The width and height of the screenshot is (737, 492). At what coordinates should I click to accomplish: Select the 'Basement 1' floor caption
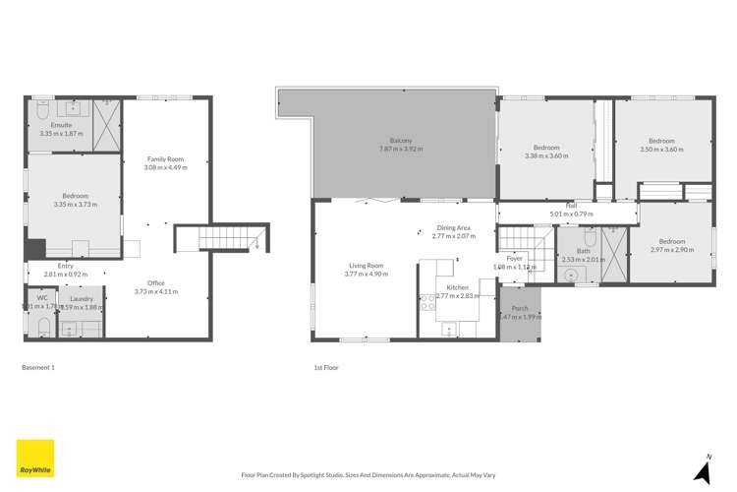(38, 367)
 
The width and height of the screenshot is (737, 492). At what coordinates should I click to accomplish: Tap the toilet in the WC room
(42, 325)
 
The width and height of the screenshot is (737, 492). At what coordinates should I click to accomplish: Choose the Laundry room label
(82, 299)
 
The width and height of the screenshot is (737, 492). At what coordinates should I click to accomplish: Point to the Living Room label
(366, 265)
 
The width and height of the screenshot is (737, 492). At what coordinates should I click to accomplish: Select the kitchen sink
(447, 328)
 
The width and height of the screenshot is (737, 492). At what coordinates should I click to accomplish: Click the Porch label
(520, 308)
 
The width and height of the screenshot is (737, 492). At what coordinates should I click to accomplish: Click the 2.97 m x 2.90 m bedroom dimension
(672, 250)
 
